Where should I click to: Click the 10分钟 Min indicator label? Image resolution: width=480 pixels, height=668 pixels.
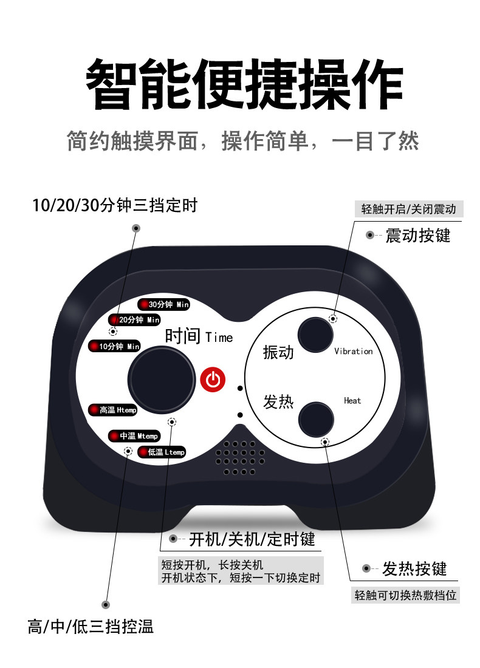click(x=115, y=346)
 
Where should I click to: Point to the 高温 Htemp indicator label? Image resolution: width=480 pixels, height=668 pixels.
click(x=114, y=410)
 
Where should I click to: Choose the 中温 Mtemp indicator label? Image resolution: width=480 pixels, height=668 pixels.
click(x=134, y=436)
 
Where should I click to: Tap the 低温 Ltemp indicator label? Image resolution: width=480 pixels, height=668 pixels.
click(x=162, y=452)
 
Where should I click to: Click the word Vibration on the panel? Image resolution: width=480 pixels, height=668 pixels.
click(x=353, y=352)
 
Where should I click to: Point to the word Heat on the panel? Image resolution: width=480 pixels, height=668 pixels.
click(x=352, y=401)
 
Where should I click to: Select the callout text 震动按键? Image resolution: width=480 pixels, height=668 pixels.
click(x=418, y=235)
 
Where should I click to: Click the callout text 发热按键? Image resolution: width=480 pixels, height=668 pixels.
click(x=414, y=569)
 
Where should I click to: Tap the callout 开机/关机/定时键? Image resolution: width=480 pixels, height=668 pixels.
click(x=252, y=539)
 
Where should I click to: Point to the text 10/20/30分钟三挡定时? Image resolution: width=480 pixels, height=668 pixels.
click(x=115, y=205)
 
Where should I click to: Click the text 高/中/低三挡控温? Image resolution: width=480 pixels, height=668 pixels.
click(x=91, y=627)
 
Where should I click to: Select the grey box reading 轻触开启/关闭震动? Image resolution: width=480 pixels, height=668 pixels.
click(x=408, y=209)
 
